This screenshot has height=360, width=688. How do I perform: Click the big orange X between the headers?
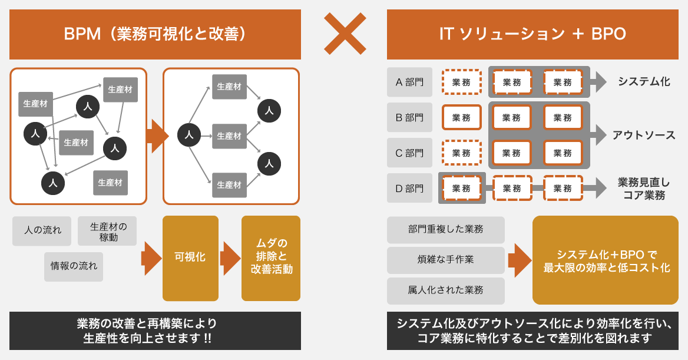coord(345,34)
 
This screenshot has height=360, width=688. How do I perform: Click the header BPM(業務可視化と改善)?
coord(155,34)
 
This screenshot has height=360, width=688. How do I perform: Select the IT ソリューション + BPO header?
coord(532,34)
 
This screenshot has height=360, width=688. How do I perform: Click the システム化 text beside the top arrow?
coord(644,82)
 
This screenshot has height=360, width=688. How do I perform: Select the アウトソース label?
coord(644,135)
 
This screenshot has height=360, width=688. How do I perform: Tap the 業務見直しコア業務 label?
coord(644,189)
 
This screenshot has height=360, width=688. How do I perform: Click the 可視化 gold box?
coord(190,258)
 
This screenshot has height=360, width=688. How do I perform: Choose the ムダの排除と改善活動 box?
coord(271,258)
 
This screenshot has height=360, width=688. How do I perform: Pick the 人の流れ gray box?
coord(42,230)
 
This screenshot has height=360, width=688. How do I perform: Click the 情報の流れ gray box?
coord(74,267)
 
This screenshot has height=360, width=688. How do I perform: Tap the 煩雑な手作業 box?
coord(445,260)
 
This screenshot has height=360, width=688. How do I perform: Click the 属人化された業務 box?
coord(445,290)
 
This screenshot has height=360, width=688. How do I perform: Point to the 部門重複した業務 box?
coord(445,229)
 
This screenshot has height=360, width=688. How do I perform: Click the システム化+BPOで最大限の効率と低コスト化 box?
coord(606,260)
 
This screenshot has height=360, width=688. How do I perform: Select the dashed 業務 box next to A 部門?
coord(461,82)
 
